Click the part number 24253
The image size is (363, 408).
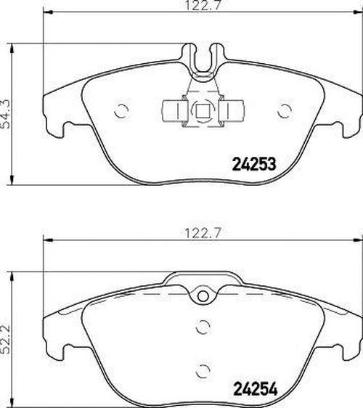[253, 164]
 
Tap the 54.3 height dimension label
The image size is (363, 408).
[6, 114]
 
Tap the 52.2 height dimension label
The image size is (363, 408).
[6, 339]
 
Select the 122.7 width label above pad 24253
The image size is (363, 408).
[202, 5]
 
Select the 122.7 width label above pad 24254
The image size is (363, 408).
[202, 233]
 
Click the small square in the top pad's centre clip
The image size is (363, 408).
[201, 111]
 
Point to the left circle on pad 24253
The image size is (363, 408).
[121, 111]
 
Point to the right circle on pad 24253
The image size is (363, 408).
[285, 111]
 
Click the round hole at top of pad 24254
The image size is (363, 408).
[203, 296]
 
